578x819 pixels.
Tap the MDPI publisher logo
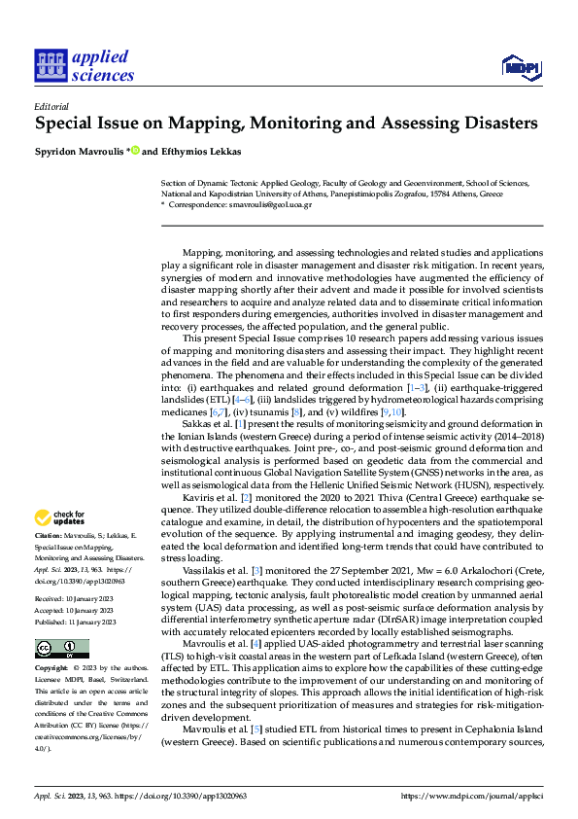[x=521, y=66]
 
